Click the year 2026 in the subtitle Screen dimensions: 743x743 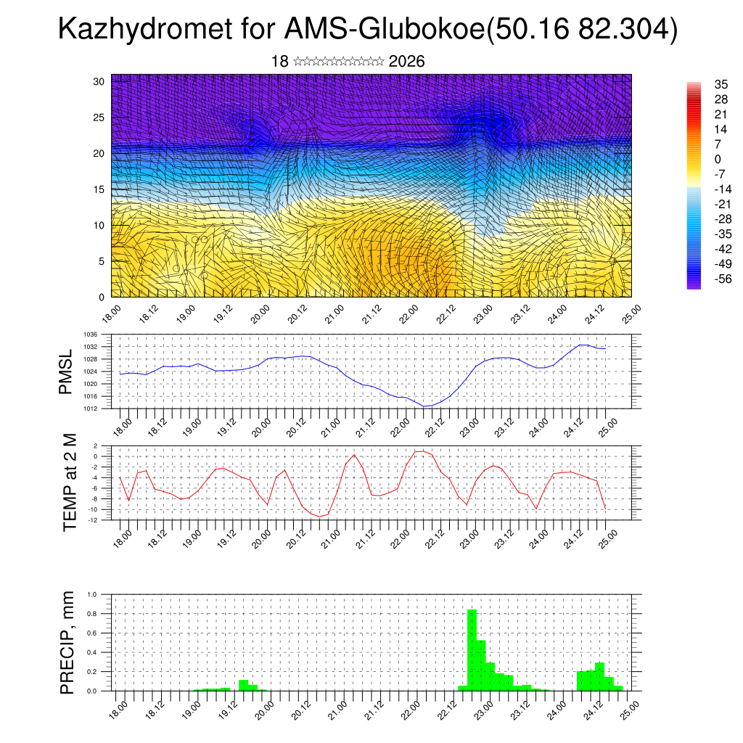coord(406,62)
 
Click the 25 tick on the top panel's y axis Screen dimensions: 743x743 coord(99,117)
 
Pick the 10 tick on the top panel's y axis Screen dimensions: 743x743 coord(99,225)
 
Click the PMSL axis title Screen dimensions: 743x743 coord(66,371)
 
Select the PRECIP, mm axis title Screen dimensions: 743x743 coord(67,642)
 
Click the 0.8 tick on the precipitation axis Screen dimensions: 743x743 coord(92,613)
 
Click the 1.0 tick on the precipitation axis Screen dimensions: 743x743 coord(92,594)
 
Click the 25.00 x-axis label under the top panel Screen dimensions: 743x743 coord(630,313)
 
